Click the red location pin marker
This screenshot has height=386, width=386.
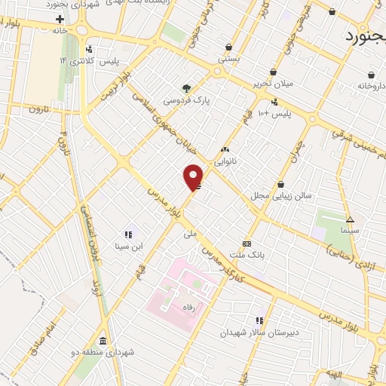click(x=193, y=176)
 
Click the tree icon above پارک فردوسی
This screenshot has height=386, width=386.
click(x=186, y=87)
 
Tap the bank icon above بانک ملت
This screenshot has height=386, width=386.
click(x=247, y=244)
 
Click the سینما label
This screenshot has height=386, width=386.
click(x=349, y=231)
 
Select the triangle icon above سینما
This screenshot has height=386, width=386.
click(x=349, y=219)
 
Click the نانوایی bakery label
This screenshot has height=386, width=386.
click(x=225, y=161)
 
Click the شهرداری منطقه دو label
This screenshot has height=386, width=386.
click(x=103, y=352)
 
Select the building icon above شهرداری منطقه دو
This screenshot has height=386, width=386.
click(x=103, y=340)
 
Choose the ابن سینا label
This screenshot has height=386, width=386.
click(x=128, y=246)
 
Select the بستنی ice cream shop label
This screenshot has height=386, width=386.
click(x=228, y=58)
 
